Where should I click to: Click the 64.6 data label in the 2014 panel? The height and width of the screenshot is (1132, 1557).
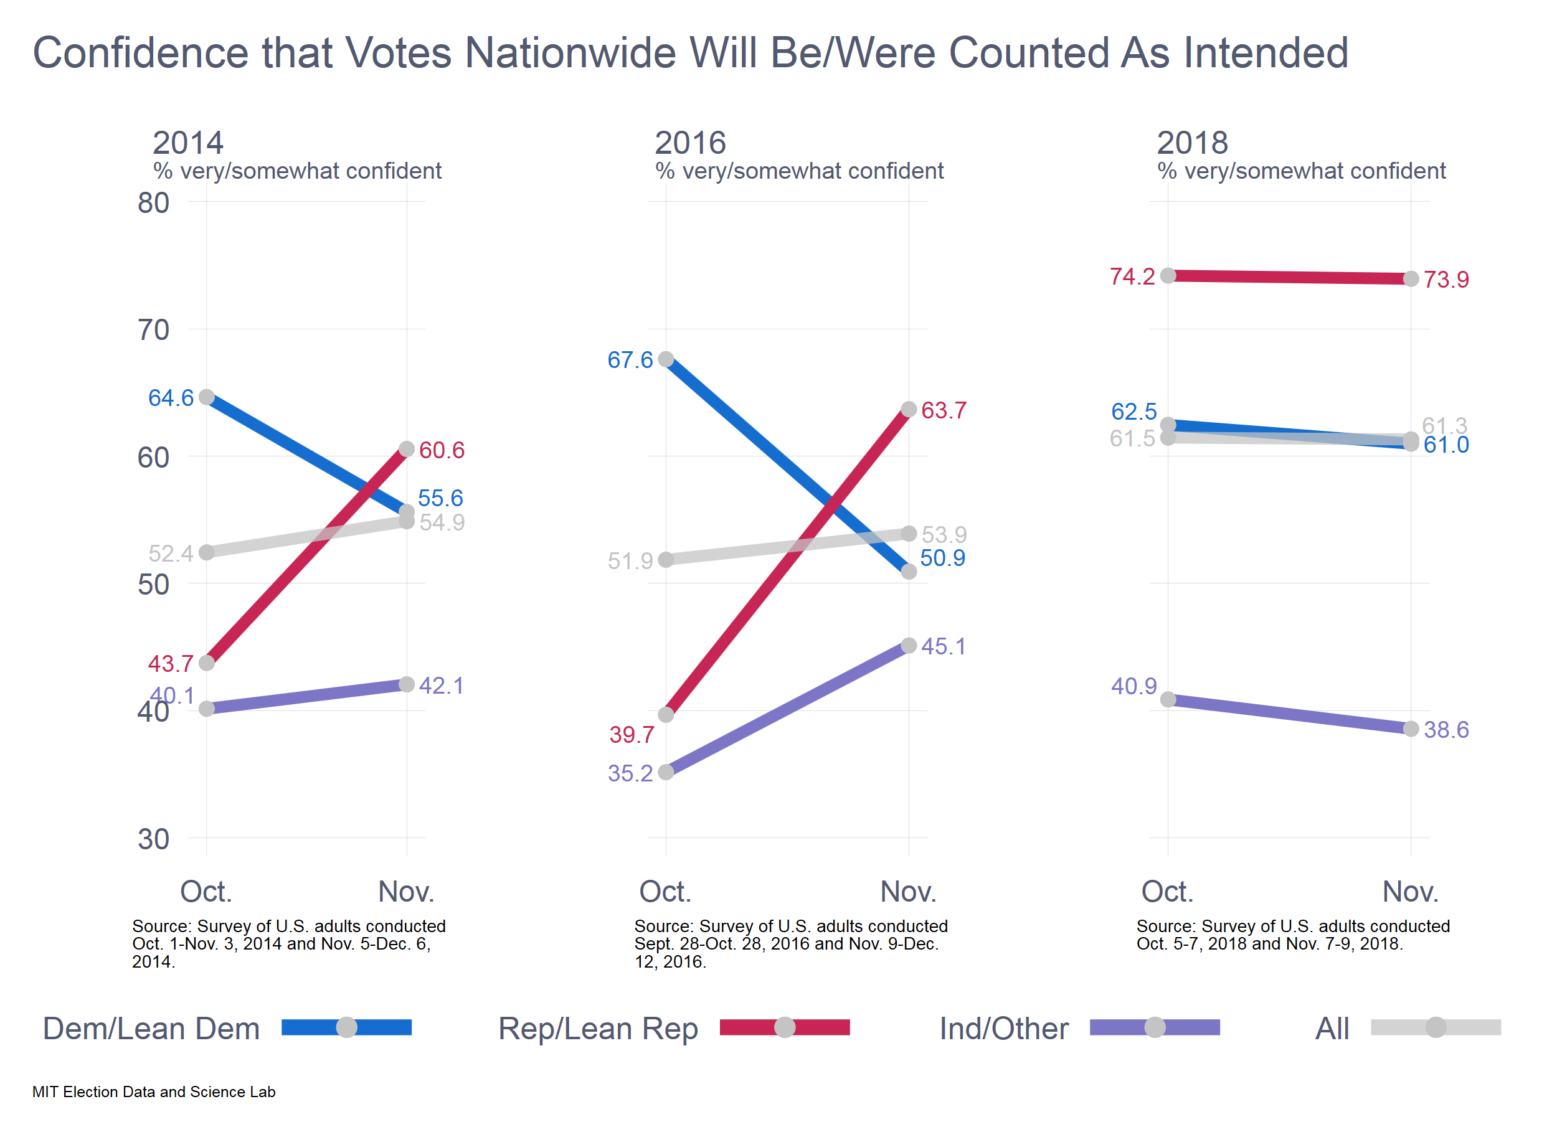(171, 398)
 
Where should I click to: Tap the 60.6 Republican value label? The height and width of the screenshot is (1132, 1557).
(442, 450)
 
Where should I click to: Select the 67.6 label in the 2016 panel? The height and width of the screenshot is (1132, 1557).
(630, 361)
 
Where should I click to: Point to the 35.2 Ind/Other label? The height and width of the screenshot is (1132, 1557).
(630, 774)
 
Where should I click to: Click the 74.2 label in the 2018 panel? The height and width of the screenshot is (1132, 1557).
(1132, 276)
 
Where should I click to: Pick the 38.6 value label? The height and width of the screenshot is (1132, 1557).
(1446, 730)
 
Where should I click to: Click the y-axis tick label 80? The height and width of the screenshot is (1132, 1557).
(153, 203)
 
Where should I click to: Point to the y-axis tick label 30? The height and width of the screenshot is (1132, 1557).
(153, 839)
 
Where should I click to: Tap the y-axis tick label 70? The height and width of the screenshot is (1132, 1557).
(153, 330)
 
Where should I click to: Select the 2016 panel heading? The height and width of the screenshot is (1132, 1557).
(690, 143)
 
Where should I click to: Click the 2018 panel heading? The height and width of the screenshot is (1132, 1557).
(1192, 143)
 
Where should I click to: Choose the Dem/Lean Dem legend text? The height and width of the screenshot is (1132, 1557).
(151, 1029)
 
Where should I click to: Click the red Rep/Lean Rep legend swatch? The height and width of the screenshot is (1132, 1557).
(784, 1027)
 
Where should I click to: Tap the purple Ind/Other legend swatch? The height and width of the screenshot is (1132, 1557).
(1155, 1027)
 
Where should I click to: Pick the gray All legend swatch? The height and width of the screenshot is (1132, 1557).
(1436, 1027)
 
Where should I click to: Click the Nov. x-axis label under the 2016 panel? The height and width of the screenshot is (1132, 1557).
(908, 892)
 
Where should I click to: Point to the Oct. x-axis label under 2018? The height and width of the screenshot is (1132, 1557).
(1167, 892)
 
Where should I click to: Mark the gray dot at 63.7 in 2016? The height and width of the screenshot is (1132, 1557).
(908, 410)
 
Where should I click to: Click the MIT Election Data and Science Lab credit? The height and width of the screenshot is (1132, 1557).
(154, 1092)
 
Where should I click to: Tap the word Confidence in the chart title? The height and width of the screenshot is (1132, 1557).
(141, 53)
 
